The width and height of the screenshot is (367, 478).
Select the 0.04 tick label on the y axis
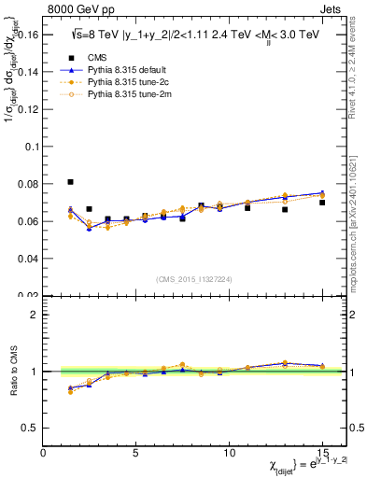(28, 259)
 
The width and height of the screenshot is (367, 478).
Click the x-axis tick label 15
(321, 453)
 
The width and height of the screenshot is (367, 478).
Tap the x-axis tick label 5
(136, 453)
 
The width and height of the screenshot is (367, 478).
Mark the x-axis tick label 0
(44, 453)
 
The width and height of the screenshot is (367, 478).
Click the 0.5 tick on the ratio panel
(31, 428)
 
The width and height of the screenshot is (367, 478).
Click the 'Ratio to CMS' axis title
(12, 371)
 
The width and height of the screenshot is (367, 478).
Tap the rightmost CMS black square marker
(322, 203)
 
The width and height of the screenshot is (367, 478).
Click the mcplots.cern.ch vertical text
(359, 219)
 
